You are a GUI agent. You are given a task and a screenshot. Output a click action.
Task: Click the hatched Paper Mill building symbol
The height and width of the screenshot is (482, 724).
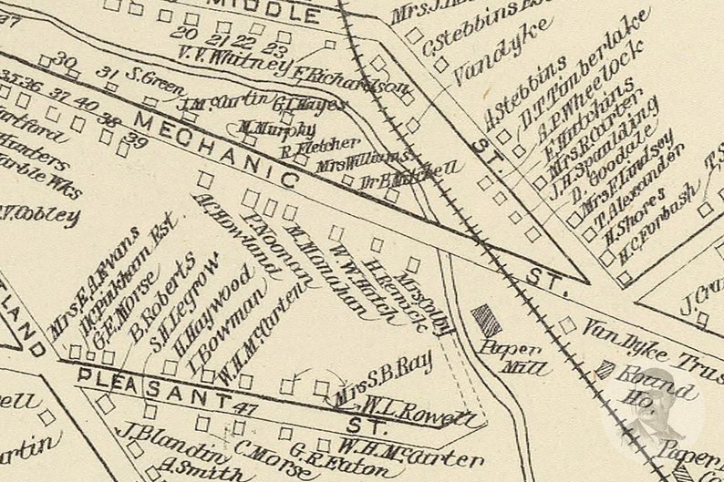pyautogui.click(x=487, y=321)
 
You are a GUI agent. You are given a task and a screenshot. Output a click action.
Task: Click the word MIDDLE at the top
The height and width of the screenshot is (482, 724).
pyautogui.click(x=273, y=14)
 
